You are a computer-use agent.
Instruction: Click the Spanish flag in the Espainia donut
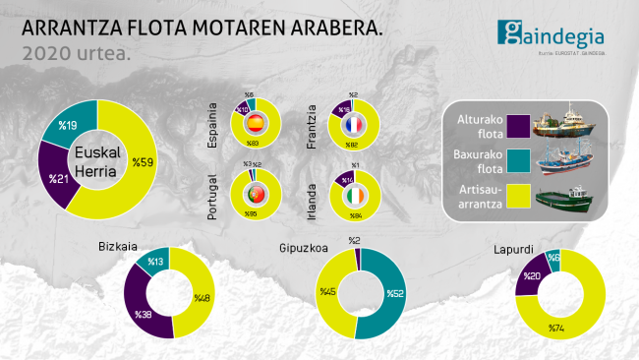[x=255, y=124]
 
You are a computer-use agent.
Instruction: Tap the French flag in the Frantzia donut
[x=353, y=124]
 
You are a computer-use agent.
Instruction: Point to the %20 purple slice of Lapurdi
[x=529, y=279]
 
